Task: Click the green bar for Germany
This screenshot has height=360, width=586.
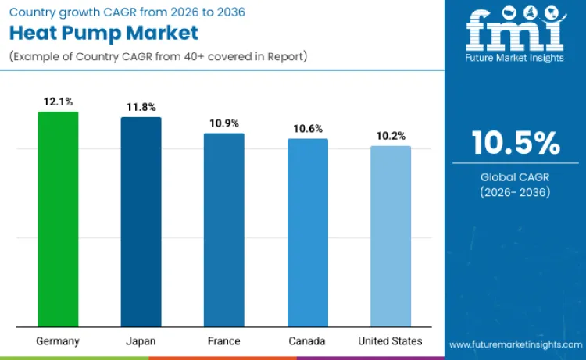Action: [58, 219]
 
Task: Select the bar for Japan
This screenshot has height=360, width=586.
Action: [141, 222]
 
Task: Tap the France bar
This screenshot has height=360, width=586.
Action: [224, 230]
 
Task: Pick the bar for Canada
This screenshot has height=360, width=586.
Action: [307, 233]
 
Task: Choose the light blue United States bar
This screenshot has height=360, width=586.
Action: [391, 236]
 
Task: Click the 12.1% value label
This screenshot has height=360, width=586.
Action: [58, 102]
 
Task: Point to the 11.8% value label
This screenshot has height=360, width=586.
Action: [141, 108]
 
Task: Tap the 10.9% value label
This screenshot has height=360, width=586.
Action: [224, 123]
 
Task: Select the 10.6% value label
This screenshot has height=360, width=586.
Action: [307, 129]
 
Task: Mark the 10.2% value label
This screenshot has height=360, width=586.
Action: [391, 136]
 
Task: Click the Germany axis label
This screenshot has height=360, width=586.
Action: [58, 341]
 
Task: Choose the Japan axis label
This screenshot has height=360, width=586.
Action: [141, 341]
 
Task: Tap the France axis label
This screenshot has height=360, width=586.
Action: [224, 341]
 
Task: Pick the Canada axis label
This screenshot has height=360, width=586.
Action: [307, 341]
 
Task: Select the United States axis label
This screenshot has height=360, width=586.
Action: [391, 341]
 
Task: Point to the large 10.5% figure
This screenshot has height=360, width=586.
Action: [515, 143]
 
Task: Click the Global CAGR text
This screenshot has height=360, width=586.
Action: [515, 177]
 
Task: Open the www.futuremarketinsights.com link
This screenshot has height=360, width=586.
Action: [515, 344]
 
